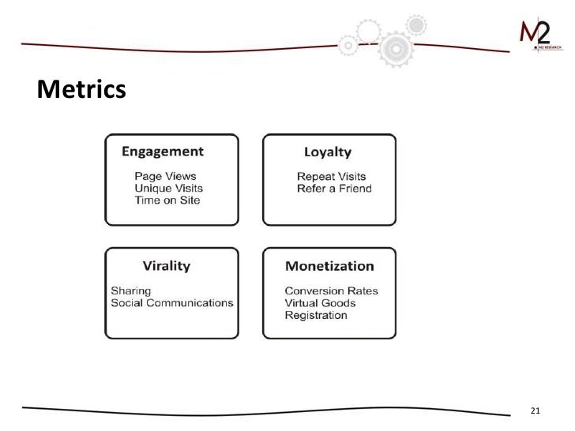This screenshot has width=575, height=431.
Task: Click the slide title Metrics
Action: pyautogui.click(x=81, y=90)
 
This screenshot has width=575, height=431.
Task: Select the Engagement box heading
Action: pyautogui.click(x=162, y=152)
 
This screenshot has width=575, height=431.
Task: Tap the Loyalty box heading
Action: pyautogui.click(x=328, y=152)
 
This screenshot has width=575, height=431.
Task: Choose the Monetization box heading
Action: pyautogui.click(x=329, y=266)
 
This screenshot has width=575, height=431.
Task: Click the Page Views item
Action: pyautogui.click(x=165, y=176)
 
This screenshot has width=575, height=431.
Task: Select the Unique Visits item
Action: pyautogui.click(x=168, y=188)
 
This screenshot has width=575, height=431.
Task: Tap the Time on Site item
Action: pyautogui.click(x=167, y=201)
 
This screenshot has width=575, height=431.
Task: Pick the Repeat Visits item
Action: pyautogui.click(x=332, y=176)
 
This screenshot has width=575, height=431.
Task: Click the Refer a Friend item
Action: pyautogui.click(x=334, y=189)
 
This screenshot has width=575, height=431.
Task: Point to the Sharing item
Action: pyautogui.click(x=130, y=290)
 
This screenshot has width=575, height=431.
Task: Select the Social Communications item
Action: pyautogui.click(x=172, y=303)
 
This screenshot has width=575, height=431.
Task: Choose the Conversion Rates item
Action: pyautogui.click(x=332, y=290)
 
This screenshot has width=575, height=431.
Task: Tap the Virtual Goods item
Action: pyautogui.click(x=321, y=303)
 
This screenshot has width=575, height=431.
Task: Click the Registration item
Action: pyautogui.click(x=316, y=316)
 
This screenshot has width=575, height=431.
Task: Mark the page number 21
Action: pyautogui.click(x=535, y=410)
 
